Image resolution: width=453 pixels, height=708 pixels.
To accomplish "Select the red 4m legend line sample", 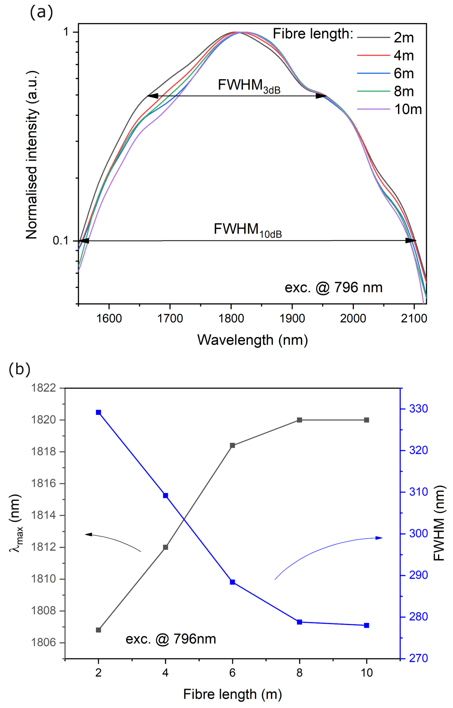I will [x=373, y=55].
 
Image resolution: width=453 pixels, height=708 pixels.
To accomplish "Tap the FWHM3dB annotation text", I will [x=249, y=86].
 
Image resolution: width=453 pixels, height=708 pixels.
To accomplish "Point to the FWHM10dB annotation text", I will [x=247, y=230].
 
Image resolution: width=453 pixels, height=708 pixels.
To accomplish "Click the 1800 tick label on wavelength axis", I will [x=231, y=318].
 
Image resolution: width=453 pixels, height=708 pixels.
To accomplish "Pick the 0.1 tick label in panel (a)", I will [x=60, y=240].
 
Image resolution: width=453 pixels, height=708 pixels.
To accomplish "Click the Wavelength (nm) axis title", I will [x=252, y=340].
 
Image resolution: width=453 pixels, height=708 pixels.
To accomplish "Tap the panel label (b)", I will [x=20, y=369].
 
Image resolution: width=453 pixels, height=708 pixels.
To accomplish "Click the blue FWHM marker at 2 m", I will [x=99, y=412].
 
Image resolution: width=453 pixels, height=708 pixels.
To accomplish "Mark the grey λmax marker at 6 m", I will [x=232, y=446].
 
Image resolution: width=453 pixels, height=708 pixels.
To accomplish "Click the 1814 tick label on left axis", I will [x=43, y=515].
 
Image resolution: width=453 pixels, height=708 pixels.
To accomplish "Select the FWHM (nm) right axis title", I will [x=439, y=523].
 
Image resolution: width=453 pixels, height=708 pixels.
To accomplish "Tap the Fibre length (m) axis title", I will [x=232, y=695].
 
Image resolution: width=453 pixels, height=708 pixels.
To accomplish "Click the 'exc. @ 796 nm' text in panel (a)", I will [x=333, y=287].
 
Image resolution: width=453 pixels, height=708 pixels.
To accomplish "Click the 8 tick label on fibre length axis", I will [x=299, y=673].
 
